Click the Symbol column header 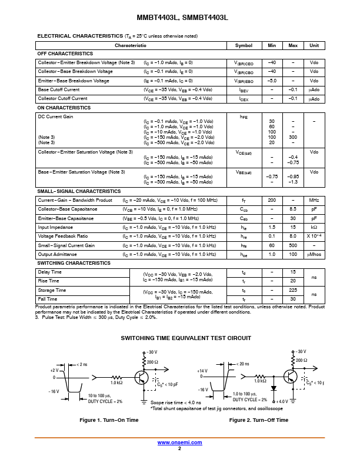[244, 45]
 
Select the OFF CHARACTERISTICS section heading [65, 54]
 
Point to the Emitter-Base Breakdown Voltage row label [74, 81]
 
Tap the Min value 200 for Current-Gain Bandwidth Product [272, 201]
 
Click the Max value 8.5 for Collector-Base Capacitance [293, 209]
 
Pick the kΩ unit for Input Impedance [314, 227]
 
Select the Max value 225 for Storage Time [293, 291]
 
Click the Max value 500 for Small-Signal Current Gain [293, 245]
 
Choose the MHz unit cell [314, 201]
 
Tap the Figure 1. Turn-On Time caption [109, 420]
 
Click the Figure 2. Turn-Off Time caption [259, 420]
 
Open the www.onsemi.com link [179, 442]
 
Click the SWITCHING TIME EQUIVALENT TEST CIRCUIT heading [186, 338]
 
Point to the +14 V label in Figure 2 [203, 370]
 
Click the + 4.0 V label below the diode [284, 401]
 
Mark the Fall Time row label [48, 299]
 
